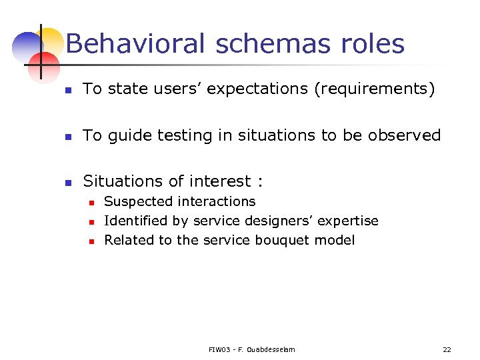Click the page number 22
[x=447, y=349]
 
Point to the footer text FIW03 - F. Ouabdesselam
[x=251, y=349]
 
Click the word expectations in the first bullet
[x=258, y=89]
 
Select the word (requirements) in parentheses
[x=375, y=89]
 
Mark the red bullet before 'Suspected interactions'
[x=91, y=202]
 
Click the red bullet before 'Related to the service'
[x=91, y=241]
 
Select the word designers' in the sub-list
[x=273, y=221]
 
